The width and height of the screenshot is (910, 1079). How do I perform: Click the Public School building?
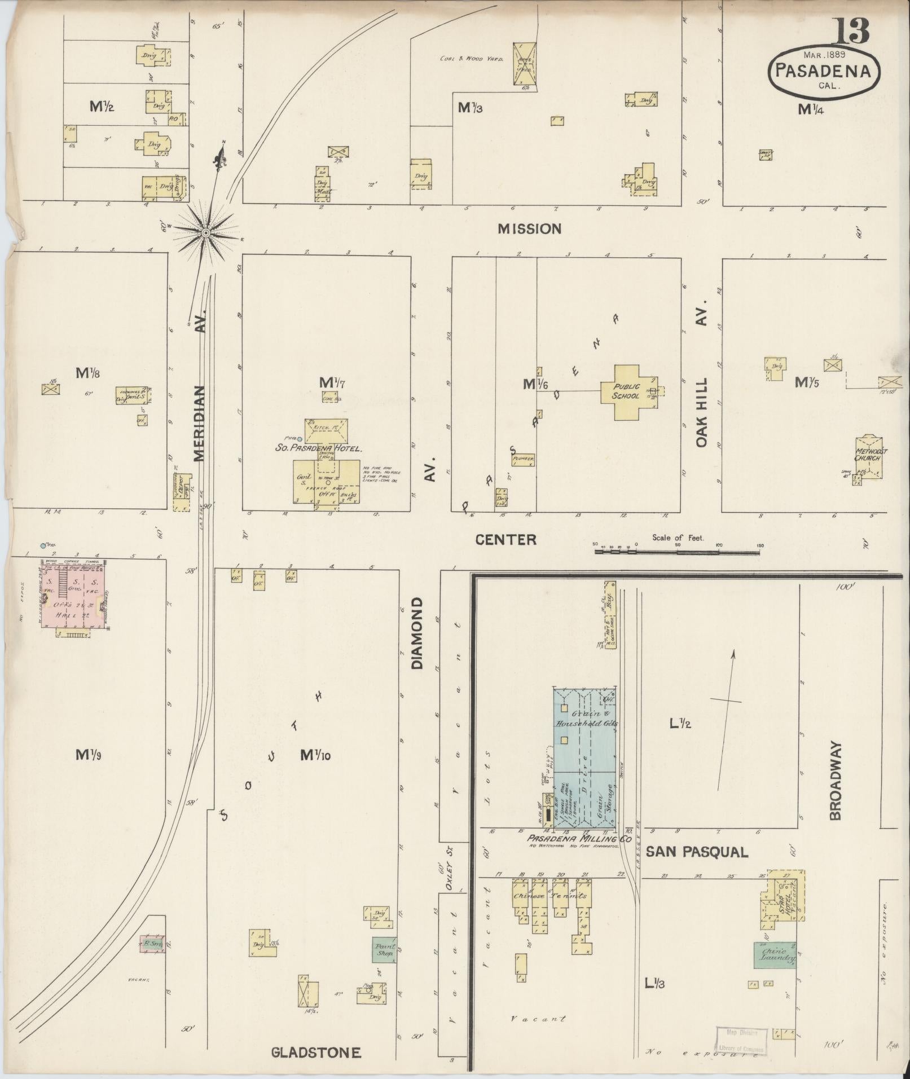[x=627, y=391]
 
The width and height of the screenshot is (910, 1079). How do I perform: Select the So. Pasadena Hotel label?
[x=318, y=449]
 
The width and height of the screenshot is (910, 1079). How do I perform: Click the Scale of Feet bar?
[x=677, y=552]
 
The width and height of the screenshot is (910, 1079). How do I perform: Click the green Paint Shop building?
[x=384, y=949]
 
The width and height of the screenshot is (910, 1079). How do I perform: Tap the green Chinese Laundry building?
[x=775, y=954]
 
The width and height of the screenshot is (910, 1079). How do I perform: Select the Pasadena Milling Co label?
[x=578, y=839]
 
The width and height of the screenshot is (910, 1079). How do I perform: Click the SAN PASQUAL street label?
[x=696, y=852]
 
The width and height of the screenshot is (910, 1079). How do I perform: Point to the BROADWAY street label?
[x=836, y=781]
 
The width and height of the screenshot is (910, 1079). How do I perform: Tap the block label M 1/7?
[x=332, y=384]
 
